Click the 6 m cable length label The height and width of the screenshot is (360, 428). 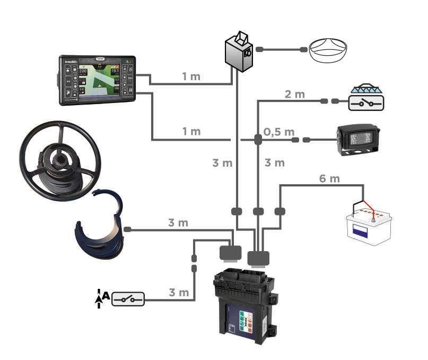(x=329, y=178)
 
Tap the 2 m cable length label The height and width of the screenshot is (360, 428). (x=295, y=95)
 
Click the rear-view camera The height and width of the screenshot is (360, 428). (x=359, y=139)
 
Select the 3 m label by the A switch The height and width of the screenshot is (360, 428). (x=179, y=293)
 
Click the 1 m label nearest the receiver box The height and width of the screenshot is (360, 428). (x=191, y=76)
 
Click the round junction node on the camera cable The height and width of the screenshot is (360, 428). (x=258, y=140)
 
